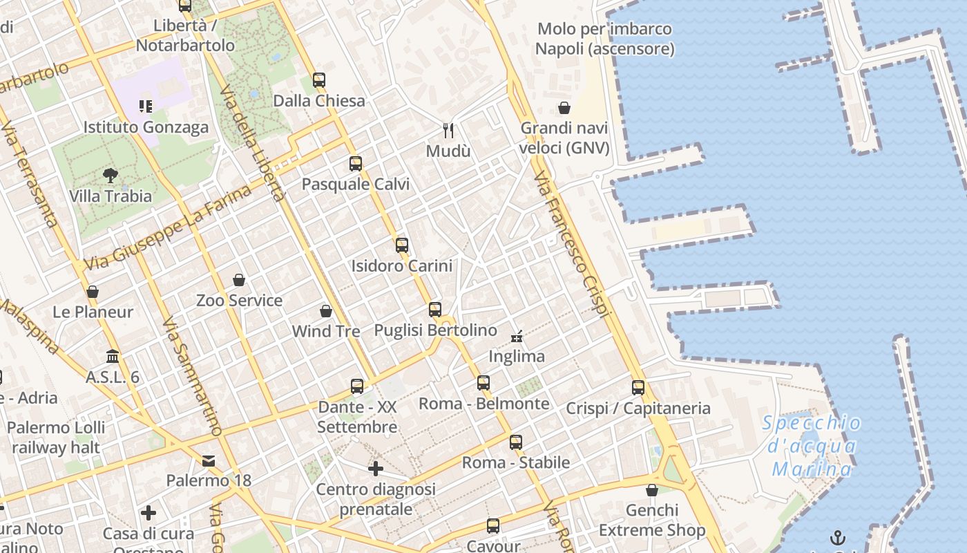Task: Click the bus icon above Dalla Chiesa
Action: pos(318,79)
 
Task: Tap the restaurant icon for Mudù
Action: pos(448,130)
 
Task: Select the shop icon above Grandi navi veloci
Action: pos(564,108)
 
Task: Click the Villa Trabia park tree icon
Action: pos(110,175)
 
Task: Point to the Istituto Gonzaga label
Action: pos(146,127)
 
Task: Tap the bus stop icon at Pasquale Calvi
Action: pos(356,164)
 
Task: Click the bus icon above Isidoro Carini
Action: pos(402,245)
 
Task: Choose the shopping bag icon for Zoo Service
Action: pos(239,280)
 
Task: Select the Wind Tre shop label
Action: pos(326,331)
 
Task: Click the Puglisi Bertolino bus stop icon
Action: pos(435,310)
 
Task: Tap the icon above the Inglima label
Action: pos(517,337)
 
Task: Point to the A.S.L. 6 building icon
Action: pos(113,357)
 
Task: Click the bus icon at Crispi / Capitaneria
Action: pos(638,388)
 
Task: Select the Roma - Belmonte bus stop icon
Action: pos(483,383)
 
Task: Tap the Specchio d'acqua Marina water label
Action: pos(812,446)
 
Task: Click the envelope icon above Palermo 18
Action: pos(209,460)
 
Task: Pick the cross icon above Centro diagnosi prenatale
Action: pos(376,469)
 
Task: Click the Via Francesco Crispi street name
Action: pos(573,245)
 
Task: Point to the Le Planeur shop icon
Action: pos(93,292)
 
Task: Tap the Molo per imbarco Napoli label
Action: pos(604,39)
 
